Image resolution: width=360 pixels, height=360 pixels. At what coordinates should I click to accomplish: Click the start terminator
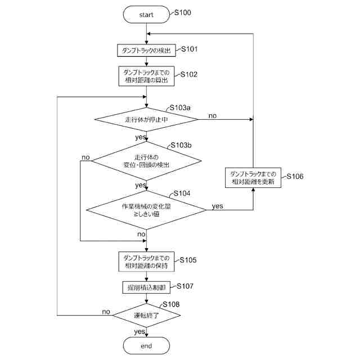pos(146,15)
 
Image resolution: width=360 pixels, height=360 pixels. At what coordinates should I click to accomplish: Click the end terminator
pos(146,345)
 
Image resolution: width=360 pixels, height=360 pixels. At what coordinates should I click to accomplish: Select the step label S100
pos(182,12)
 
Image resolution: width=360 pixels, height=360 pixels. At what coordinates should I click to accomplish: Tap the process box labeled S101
pos(146,50)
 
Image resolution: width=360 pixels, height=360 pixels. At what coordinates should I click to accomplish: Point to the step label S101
pos(188,49)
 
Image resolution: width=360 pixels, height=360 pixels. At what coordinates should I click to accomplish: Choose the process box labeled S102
pos(146,76)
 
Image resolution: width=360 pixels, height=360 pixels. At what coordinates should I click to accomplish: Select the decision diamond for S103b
pos(146,160)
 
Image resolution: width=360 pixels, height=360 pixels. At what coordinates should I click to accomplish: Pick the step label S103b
pos(182,145)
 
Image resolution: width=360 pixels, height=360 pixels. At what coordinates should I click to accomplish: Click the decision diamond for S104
pos(146,210)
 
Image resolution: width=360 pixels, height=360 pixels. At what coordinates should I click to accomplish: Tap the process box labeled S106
pos(253,178)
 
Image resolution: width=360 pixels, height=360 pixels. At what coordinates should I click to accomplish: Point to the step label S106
pos(295,176)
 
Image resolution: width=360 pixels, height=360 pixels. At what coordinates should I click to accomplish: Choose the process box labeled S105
pos(146,262)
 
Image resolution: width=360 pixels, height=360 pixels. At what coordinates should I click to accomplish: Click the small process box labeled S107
pos(146,287)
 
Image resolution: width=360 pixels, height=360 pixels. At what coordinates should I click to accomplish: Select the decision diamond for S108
pos(146,316)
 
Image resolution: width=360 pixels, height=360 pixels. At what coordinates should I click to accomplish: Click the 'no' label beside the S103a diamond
pos(213,115)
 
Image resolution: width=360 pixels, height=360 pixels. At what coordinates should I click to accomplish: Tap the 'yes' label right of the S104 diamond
pos(217,206)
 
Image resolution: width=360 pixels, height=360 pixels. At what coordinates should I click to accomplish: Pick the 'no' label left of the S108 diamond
pos(106,312)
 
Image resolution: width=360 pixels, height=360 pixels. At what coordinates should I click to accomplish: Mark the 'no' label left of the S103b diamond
pos(85,157)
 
